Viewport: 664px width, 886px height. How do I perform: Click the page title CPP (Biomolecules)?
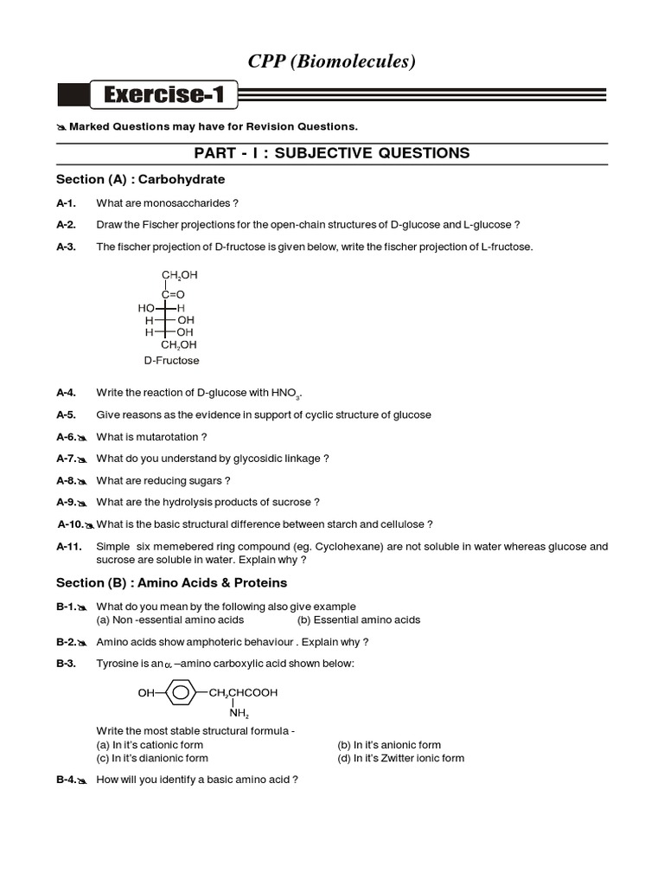point(332,61)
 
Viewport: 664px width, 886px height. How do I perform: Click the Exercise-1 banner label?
point(164,95)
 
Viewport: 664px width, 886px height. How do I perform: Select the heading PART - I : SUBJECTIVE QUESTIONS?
point(332,153)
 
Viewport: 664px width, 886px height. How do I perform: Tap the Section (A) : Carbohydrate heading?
point(140,179)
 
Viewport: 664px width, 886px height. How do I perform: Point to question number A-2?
point(67,224)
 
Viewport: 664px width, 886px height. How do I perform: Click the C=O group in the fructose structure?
point(172,294)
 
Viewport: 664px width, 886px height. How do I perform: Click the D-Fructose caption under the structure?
point(171,360)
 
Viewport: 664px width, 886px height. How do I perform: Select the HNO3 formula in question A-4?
point(285,393)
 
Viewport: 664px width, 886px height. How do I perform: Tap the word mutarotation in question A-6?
point(172,437)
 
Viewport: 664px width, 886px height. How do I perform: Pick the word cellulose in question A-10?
point(401,523)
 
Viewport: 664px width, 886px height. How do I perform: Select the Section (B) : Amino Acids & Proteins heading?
point(171,582)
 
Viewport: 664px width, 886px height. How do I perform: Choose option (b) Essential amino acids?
point(358,620)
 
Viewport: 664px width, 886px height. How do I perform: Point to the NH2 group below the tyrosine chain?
point(239,714)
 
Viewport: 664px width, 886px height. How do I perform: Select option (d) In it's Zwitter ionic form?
point(400,758)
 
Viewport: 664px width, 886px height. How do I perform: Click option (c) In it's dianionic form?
point(152,758)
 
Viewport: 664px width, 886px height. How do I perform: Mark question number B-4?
point(67,780)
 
